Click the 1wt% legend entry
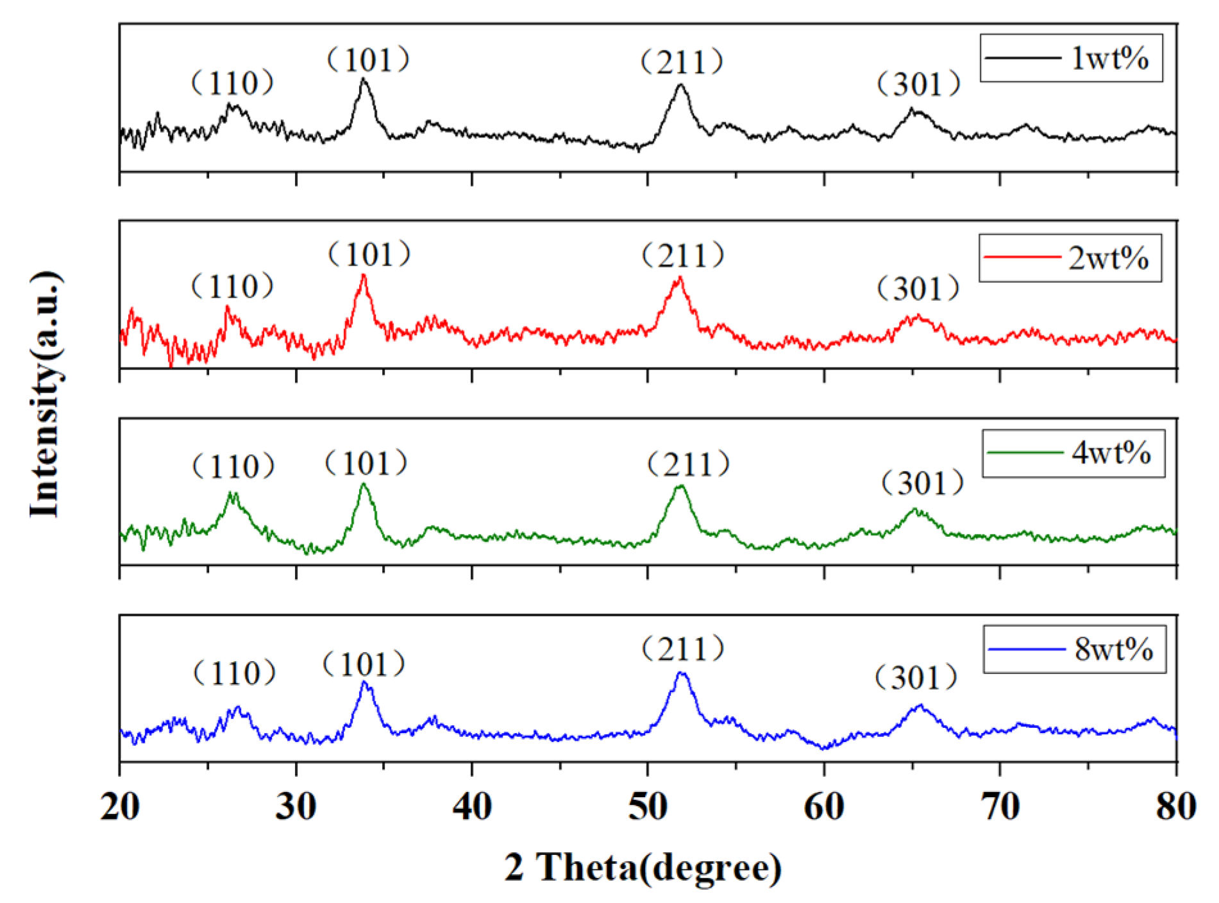pos(1071,58)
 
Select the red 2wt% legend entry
pos(1070,258)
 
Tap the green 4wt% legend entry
pos(1073,453)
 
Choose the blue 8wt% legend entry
pos(1074,650)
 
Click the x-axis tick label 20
pos(120,806)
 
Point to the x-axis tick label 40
pos(472,806)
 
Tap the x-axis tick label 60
pos(824,806)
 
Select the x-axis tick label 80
pos(1175,806)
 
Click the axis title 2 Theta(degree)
pos(643,867)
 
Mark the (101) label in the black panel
pos(367,60)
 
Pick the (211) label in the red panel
pos(683,255)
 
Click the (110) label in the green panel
pos(233,466)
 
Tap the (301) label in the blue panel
pos(916,678)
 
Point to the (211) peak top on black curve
pos(680,85)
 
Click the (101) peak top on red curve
pos(364,276)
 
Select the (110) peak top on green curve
pos(232,493)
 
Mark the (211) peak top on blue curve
pos(682,673)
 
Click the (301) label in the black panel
pos(918,84)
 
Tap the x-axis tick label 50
pos(648,806)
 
